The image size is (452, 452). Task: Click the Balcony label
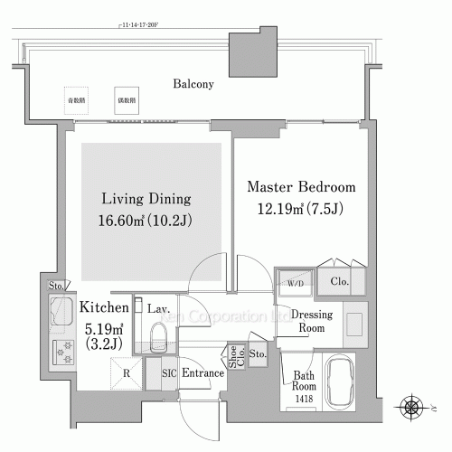[x=193, y=85]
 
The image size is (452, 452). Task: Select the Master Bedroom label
[x=302, y=187]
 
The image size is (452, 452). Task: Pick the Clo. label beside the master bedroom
[x=342, y=281]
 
